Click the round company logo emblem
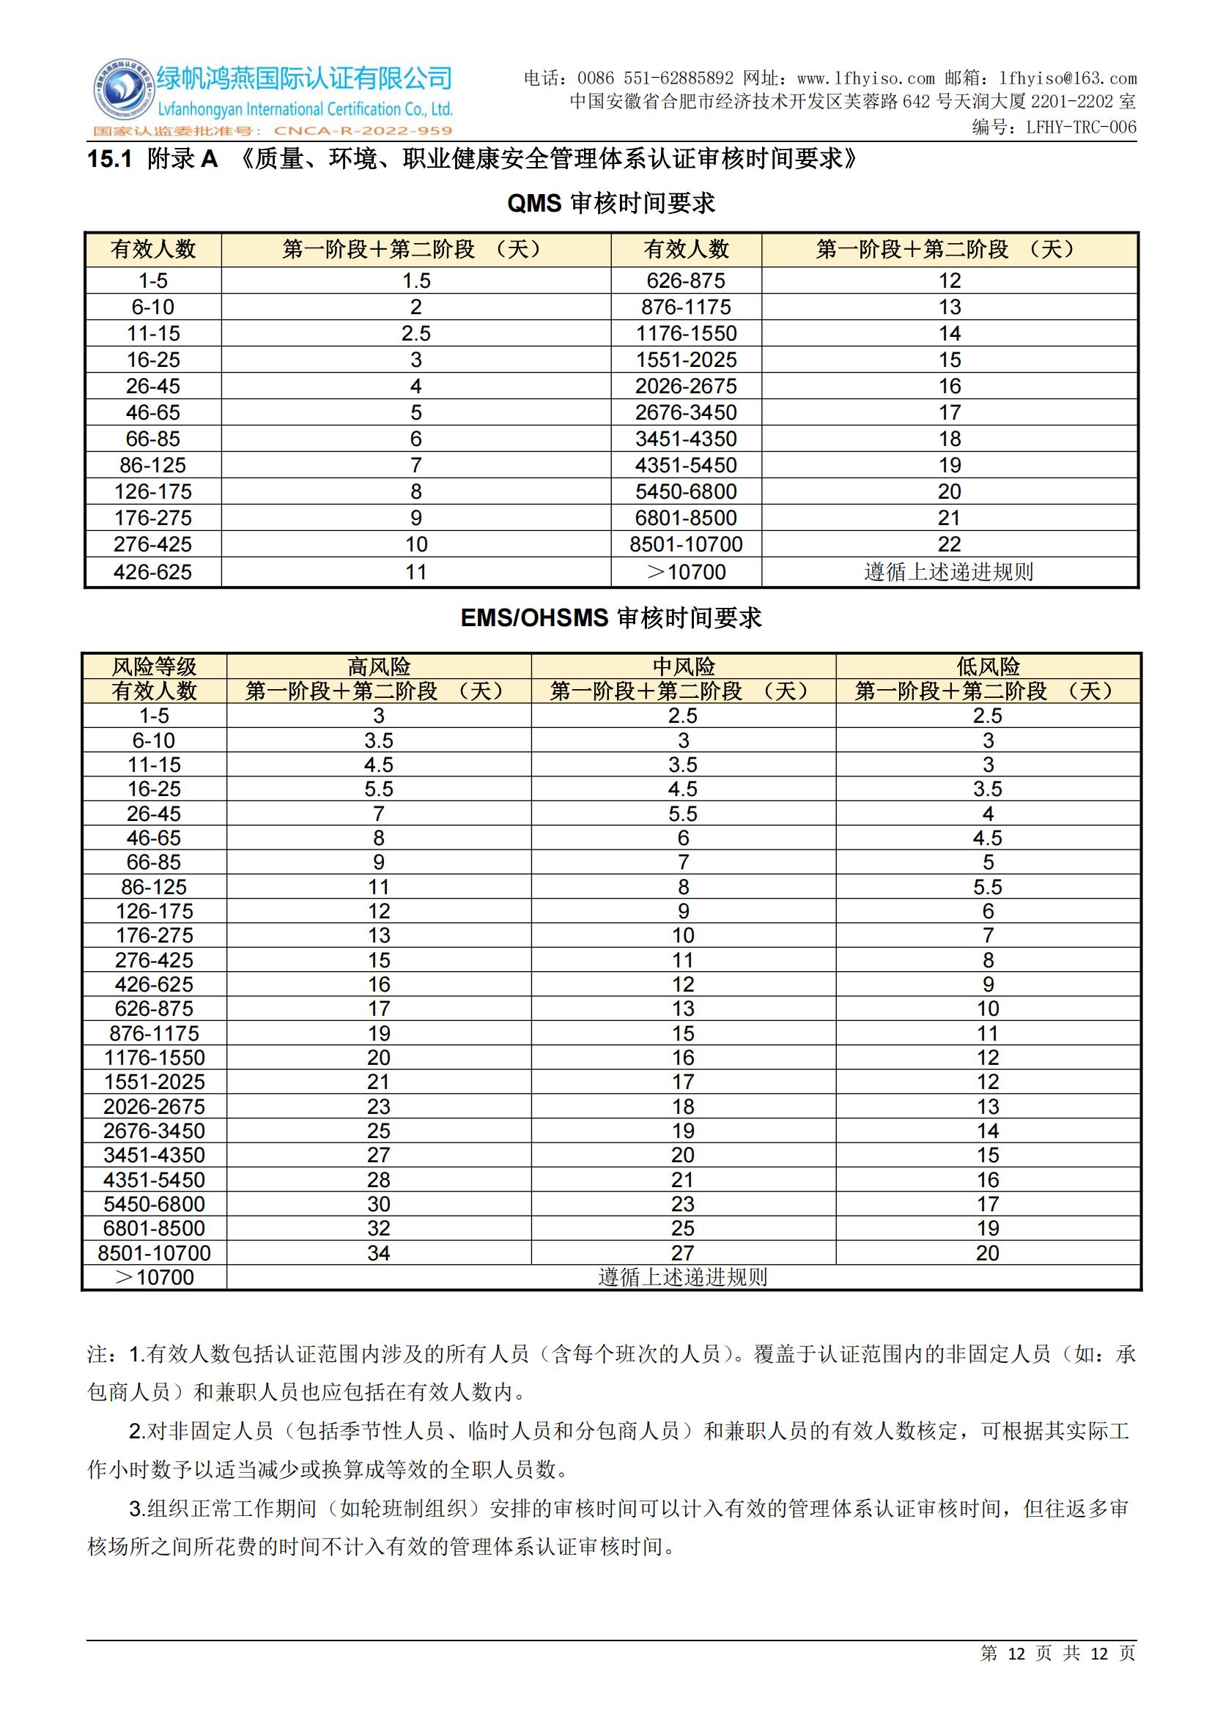pos(121,92)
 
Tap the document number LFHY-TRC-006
pos(1081,127)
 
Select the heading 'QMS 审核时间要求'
pos(610,203)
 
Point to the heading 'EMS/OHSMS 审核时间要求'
pos(610,618)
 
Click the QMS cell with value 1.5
pos(415,280)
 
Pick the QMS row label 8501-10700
pos(686,544)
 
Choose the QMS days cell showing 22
pos(949,544)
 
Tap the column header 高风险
pos(378,666)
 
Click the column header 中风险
pos(683,666)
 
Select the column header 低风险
pos(987,666)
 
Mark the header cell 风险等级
pos(155,666)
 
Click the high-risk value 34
pos(378,1252)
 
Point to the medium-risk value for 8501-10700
pos(683,1252)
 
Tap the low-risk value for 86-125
pos(987,886)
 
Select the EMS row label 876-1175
pos(155,1033)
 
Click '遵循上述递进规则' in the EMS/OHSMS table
pos(683,1277)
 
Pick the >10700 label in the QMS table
pos(686,572)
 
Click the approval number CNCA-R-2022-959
pos(363,131)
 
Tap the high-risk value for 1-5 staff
pos(378,716)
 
